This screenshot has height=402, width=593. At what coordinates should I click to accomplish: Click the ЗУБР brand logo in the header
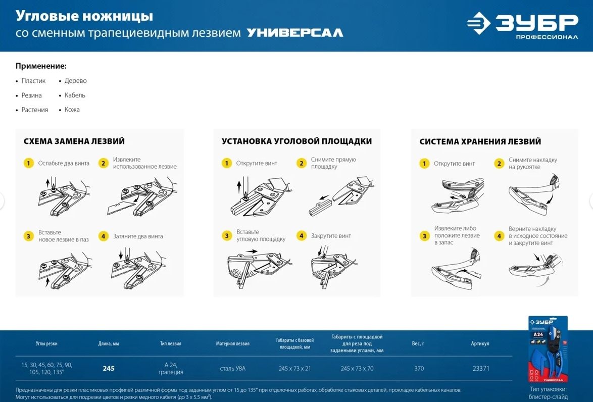point(522,25)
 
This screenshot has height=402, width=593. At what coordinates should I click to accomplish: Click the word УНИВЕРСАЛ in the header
point(295,33)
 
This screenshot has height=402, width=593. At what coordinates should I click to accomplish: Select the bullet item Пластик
point(33,80)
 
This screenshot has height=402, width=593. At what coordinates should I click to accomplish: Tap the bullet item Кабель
point(74,95)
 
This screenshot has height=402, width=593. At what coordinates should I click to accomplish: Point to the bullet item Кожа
point(72,110)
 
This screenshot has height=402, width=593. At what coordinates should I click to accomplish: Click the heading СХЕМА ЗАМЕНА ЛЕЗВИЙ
point(74,141)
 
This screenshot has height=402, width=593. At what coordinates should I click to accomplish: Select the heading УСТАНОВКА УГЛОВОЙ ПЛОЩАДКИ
point(296,141)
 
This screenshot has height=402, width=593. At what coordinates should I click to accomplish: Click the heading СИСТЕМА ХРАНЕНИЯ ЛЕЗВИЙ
point(480,141)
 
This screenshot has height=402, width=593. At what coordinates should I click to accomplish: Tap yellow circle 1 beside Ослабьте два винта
point(29,163)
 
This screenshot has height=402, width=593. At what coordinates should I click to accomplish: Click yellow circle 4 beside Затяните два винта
point(103,236)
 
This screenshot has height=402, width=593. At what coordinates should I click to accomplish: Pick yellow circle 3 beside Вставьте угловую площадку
point(226,236)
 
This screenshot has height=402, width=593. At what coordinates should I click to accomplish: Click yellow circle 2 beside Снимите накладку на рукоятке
point(499,164)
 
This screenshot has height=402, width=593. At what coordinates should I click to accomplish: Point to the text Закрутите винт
point(331,236)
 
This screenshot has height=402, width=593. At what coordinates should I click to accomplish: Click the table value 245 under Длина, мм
point(109,368)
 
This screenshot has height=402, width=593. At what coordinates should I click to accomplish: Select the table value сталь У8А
point(232,368)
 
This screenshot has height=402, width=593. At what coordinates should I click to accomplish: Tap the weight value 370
point(419,368)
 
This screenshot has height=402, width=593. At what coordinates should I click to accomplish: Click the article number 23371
point(481,368)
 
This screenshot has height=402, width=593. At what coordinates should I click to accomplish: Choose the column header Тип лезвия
point(171,344)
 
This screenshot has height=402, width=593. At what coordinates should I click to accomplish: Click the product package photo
point(548,349)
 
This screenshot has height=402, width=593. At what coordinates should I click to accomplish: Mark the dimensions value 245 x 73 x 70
point(357,368)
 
